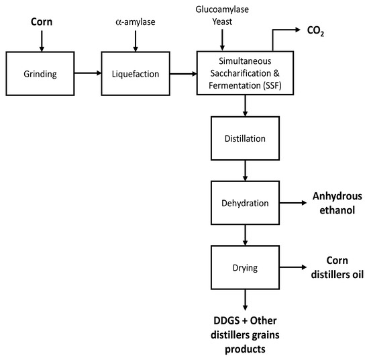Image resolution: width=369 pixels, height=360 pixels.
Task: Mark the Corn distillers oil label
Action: click(x=335, y=267)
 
